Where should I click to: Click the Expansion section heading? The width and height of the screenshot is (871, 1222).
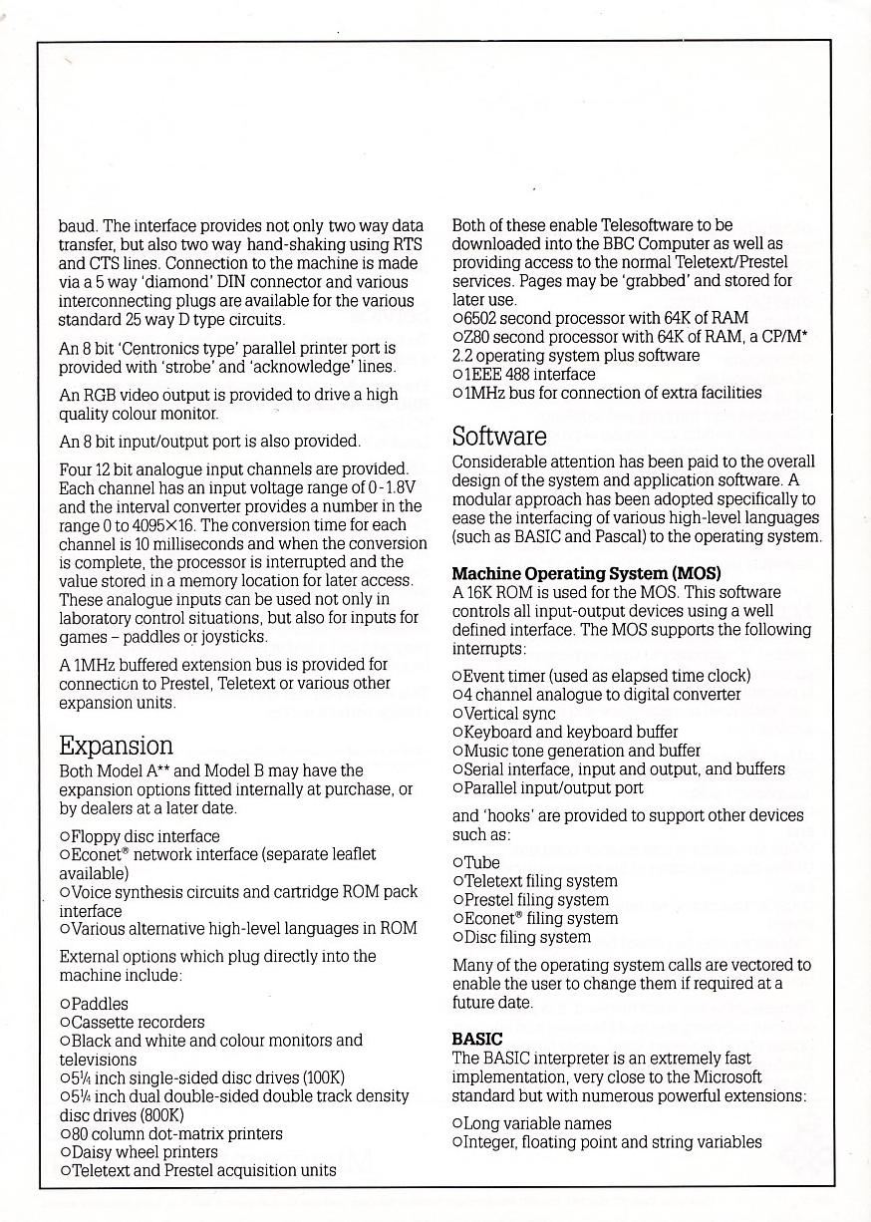pos(115,746)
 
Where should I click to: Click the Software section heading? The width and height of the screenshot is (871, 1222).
pos(499,437)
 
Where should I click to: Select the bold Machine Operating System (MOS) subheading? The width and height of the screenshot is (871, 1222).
pos(586,573)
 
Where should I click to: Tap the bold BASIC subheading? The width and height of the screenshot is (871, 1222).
pos(477,1039)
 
